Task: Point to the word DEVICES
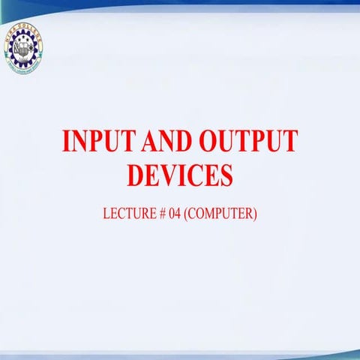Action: click(x=180, y=175)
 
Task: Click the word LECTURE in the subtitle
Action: click(x=128, y=213)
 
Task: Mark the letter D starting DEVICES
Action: click(x=136, y=175)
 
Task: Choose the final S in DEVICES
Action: click(x=225, y=175)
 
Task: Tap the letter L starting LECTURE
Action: click(x=106, y=213)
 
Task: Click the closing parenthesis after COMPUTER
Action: click(x=256, y=213)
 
